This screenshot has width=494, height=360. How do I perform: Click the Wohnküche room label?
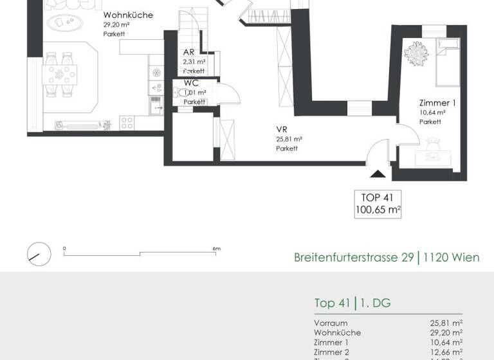[128, 15]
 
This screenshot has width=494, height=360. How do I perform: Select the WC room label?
[190, 83]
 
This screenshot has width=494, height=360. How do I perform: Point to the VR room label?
[281, 129]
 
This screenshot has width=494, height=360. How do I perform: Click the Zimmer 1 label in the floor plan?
[437, 103]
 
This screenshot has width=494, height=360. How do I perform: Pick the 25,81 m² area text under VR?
[289, 139]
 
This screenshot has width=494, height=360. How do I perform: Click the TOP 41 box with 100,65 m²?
[378, 204]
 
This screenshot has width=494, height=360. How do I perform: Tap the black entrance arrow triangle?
[378, 173]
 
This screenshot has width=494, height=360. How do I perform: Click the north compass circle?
[39, 254]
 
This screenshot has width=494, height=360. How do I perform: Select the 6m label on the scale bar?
[216, 248]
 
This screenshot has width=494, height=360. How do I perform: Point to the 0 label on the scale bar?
[64, 248]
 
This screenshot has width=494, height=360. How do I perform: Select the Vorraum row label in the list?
[331, 323]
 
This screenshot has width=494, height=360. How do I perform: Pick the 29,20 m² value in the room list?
[446, 333]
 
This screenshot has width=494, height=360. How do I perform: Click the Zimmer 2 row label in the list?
[331, 352]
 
